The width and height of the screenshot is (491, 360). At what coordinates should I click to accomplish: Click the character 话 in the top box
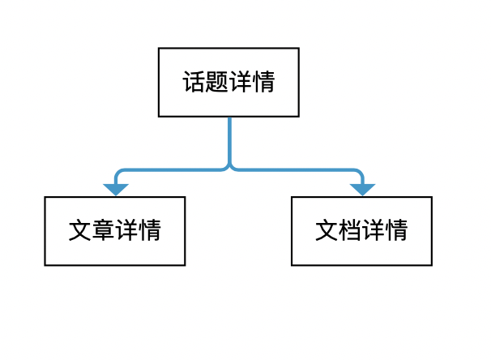click(194, 83)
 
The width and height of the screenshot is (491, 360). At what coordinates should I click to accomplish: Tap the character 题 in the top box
click(217, 83)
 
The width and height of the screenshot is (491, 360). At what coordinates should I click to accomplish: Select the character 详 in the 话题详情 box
click(241, 83)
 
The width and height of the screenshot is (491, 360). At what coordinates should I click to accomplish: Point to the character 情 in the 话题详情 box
click(263, 83)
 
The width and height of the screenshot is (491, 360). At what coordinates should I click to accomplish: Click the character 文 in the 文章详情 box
click(80, 231)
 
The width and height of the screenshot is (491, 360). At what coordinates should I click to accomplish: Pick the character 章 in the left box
click(103, 231)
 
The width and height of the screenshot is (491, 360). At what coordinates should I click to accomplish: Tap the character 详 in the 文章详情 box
click(126, 231)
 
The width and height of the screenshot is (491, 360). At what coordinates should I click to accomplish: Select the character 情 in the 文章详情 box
click(149, 231)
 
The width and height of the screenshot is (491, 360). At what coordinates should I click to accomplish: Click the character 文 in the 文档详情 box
click(327, 231)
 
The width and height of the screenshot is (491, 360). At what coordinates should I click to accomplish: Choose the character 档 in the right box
click(349, 231)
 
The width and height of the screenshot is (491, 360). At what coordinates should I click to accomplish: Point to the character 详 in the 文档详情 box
click(373, 231)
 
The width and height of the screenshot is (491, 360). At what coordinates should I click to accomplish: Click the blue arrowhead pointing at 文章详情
click(116, 190)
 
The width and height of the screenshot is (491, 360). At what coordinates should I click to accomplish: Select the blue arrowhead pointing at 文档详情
click(362, 190)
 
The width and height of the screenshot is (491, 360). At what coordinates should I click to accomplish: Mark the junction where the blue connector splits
click(229, 169)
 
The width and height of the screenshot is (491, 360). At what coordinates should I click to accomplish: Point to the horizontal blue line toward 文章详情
click(170, 170)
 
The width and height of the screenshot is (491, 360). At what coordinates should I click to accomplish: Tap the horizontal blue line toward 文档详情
click(296, 170)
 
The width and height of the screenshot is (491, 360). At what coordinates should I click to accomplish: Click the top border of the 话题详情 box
click(229, 49)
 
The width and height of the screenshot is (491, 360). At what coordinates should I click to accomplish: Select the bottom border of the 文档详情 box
click(361, 264)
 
